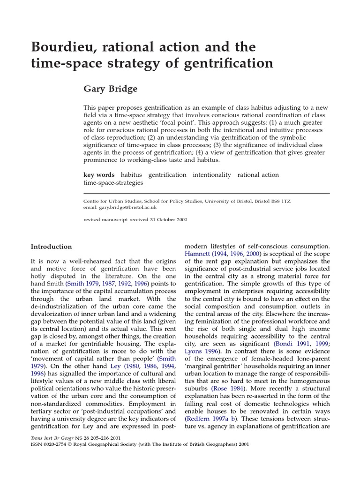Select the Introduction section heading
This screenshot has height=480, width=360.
pos(51,247)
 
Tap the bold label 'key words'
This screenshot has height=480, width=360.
pos(98,175)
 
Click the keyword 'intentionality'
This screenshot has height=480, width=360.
pos(211,175)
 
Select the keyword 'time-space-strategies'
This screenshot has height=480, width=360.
pos(113,183)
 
